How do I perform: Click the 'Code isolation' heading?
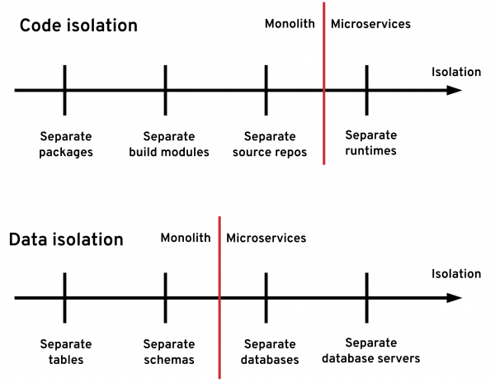[78, 26]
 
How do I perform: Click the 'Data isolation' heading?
[66, 240]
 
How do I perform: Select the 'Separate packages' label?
[65, 144]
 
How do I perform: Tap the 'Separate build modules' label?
[169, 144]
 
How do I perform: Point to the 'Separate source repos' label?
[270, 144]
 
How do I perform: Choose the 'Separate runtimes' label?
[370, 143]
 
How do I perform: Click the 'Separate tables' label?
[65, 352]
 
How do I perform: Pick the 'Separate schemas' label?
[169, 352]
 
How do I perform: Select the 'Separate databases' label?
[270, 352]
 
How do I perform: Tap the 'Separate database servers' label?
[370, 351]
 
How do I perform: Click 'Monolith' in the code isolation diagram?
[290, 24]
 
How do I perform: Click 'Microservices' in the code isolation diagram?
[370, 24]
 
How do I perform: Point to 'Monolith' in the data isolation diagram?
[186, 239]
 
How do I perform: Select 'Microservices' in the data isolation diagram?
[266, 239]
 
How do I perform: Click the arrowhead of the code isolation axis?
[454, 89]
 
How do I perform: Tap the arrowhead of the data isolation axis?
[454, 297]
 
